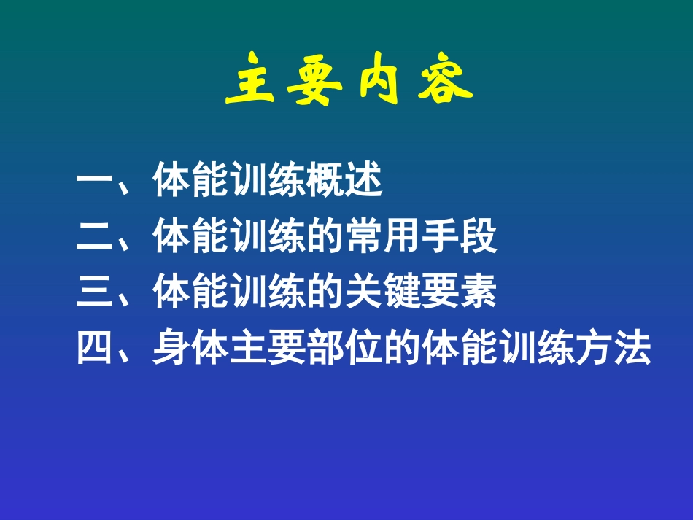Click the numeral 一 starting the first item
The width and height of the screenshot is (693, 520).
[94, 182]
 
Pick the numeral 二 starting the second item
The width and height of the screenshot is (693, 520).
[94, 237]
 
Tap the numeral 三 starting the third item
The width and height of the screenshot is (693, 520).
[94, 293]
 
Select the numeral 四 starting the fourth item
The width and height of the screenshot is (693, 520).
[94, 349]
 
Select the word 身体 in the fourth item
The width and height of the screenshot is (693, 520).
[191, 349]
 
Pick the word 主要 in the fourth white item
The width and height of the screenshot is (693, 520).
[268, 349]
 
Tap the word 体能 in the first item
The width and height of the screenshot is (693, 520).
[191, 182]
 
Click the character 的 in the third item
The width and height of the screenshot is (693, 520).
[325, 293]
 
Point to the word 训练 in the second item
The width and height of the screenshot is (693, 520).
[268, 237]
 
